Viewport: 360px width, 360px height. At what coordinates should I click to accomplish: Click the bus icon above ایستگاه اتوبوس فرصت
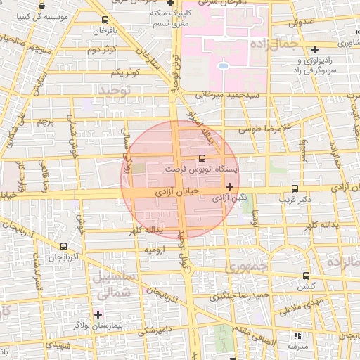click(x=202, y=158)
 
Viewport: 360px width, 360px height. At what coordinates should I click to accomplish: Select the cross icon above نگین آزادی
click(x=230, y=186)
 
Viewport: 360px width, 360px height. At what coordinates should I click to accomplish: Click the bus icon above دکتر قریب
click(x=295, y=188)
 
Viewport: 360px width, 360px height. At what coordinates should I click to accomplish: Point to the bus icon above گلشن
click(x=305, y=276)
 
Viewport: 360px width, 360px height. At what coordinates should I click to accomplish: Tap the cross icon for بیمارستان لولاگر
click(x=98, y=314)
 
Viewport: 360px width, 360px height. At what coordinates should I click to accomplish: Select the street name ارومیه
click(x=155, y=250)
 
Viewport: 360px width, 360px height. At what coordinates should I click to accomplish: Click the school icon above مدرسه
click(x=296, y=336)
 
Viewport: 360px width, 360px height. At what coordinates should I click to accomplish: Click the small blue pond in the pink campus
click(x=223, y=66)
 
